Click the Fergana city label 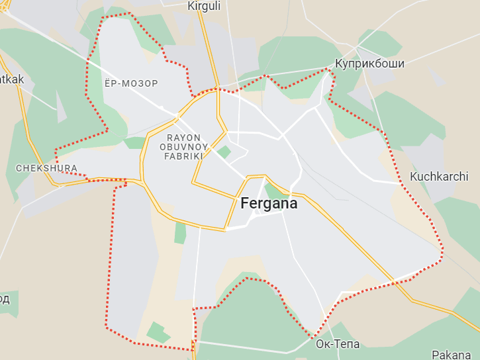[x=269, y=204]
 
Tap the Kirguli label [x=204, y=6]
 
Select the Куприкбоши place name [x=369, y=64]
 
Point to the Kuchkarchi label [x=439, y=177]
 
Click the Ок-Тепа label [x=338, y=344]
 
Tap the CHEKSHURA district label [x=46, y=169]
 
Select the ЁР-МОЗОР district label [x=131, y=84]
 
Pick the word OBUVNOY [x=184, y=147]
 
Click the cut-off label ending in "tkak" [x=12, y=79]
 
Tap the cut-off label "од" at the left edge [x=5, y=299]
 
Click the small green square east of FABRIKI [x=224, y=152]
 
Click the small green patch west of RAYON [x=134, y=143]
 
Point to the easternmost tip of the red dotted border [x=442, y=251]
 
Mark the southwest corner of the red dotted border [x=107, y=327]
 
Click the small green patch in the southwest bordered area [x=158, y=332]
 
